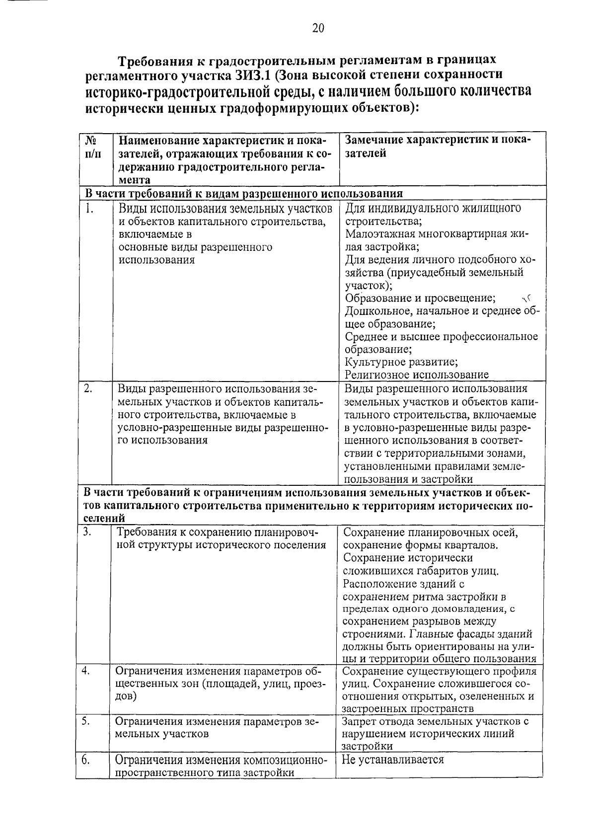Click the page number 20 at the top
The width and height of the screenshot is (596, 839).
coord(318,28)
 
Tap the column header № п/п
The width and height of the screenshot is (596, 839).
coord(92,147)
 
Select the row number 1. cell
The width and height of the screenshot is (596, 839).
coord(90,209)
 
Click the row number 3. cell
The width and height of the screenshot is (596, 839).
coord(88,532)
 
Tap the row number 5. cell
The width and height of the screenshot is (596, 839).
coord(86,721)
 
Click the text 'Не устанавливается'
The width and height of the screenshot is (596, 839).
coord(393,760)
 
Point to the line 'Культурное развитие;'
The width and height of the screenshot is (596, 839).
coord(401,362)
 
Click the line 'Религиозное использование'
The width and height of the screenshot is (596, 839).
coord(417,375)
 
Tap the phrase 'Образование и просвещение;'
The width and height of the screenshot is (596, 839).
coord(420,298)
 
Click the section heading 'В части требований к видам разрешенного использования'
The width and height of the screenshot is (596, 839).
coord(243,193)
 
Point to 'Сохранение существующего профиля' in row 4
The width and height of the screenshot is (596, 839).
coord(440,671)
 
